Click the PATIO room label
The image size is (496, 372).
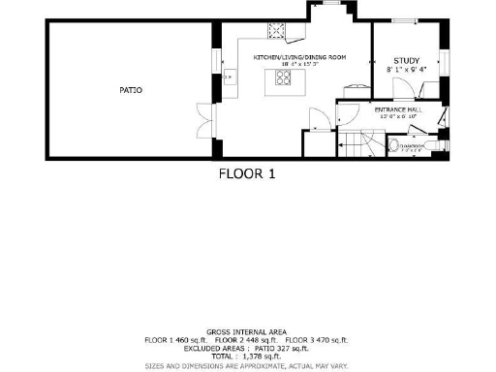click(131, 90)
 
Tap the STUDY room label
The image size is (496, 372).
click(407, 61)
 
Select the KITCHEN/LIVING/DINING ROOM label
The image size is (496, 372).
click(299, 58)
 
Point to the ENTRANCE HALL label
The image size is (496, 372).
click(399, 110)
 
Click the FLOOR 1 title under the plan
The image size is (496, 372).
click(247, 174)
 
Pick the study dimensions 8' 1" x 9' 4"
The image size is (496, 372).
click(407, 70)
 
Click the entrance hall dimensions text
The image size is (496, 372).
click(399, 117)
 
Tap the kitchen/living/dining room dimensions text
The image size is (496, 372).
click(299, 66)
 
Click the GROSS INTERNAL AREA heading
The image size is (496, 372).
click(247, 331)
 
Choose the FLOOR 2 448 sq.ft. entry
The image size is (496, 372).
click(248, 340)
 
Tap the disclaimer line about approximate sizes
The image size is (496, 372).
click(247, 366)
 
